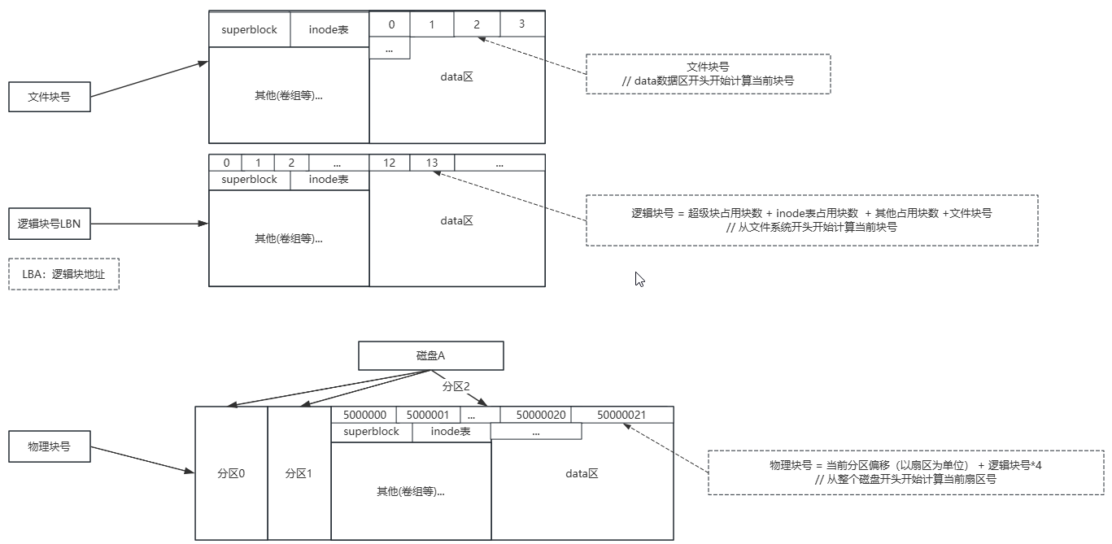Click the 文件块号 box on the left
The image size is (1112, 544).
click(x=49, y=97)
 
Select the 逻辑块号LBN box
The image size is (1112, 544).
click(x=49, y=224)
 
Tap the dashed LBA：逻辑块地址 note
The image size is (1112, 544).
click(x=63, y=274)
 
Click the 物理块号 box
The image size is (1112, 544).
click(x=49, y=446)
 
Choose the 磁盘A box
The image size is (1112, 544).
click(x=430, y=355)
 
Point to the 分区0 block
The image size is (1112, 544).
click(x=231, y=473)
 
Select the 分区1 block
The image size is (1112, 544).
click(x=299, y=473)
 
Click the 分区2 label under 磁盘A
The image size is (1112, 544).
click(x=456, y=386)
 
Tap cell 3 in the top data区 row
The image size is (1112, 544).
click(x=522, y=24)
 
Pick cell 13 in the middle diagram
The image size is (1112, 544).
click(x=432, y=163)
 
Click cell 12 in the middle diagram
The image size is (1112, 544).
click(x=390, y=163)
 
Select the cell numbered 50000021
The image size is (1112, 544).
click(x=621, y=415)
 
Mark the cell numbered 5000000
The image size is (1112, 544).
click(x=364, y=415)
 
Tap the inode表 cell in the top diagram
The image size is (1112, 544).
click(x=329, y=29)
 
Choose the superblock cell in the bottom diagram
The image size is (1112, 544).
click(x=371, y=432)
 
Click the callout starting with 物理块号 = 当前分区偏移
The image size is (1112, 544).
click(x=906, y=472)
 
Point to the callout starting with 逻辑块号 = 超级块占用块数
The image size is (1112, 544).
click(x=811, y=220)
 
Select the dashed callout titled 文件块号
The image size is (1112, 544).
click(x=708, y=74)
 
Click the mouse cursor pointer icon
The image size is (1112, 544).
click(x=639, y=279)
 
